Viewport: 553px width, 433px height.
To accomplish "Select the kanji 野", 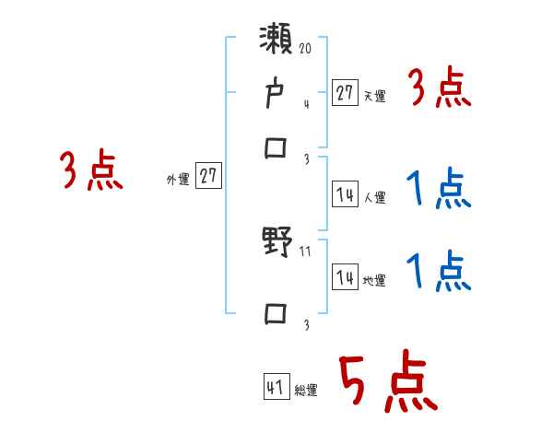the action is (x=276, y=245).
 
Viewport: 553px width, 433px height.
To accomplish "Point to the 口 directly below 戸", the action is (x=276, y=147).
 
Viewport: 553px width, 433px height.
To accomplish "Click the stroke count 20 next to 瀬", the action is (x=307, y=46).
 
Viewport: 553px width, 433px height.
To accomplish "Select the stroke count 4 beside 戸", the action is (x=306, y=104).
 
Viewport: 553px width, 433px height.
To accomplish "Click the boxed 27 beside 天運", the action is (x=345, y=92).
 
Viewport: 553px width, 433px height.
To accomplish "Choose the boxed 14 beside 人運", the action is (x=345, y=194).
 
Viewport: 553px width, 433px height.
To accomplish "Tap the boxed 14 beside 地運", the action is (x=345, y=277).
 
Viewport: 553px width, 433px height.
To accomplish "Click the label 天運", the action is (x=374, y=96).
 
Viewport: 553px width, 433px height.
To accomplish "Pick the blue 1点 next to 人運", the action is (x=439, y=191).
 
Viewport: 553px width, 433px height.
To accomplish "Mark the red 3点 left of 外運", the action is (x=92, y=171).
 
